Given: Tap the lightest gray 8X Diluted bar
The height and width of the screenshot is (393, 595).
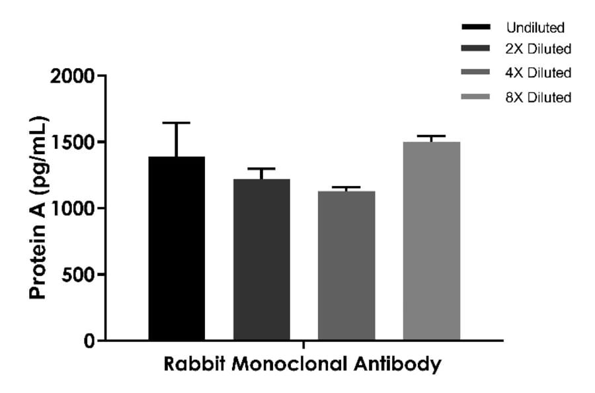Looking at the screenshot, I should coord(432,241).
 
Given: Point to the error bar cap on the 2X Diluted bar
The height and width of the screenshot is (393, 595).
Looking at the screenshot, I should coord(262,169).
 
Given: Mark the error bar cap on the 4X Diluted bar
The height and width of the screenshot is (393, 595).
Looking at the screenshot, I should coord(346,187).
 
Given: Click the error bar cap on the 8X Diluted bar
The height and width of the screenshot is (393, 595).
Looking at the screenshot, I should coord(432,136).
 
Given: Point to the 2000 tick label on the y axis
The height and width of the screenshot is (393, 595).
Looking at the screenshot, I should coord(73,76).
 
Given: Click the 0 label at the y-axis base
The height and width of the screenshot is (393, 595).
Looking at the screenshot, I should coord(91,341).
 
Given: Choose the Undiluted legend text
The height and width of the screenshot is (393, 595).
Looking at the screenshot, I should coord(535,28).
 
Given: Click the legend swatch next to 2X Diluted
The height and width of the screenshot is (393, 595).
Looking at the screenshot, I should coord(475,49).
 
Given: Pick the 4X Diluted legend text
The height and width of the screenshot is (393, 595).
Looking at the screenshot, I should coord(537,73).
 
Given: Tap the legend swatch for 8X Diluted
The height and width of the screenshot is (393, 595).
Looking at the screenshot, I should coord(475,97).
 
